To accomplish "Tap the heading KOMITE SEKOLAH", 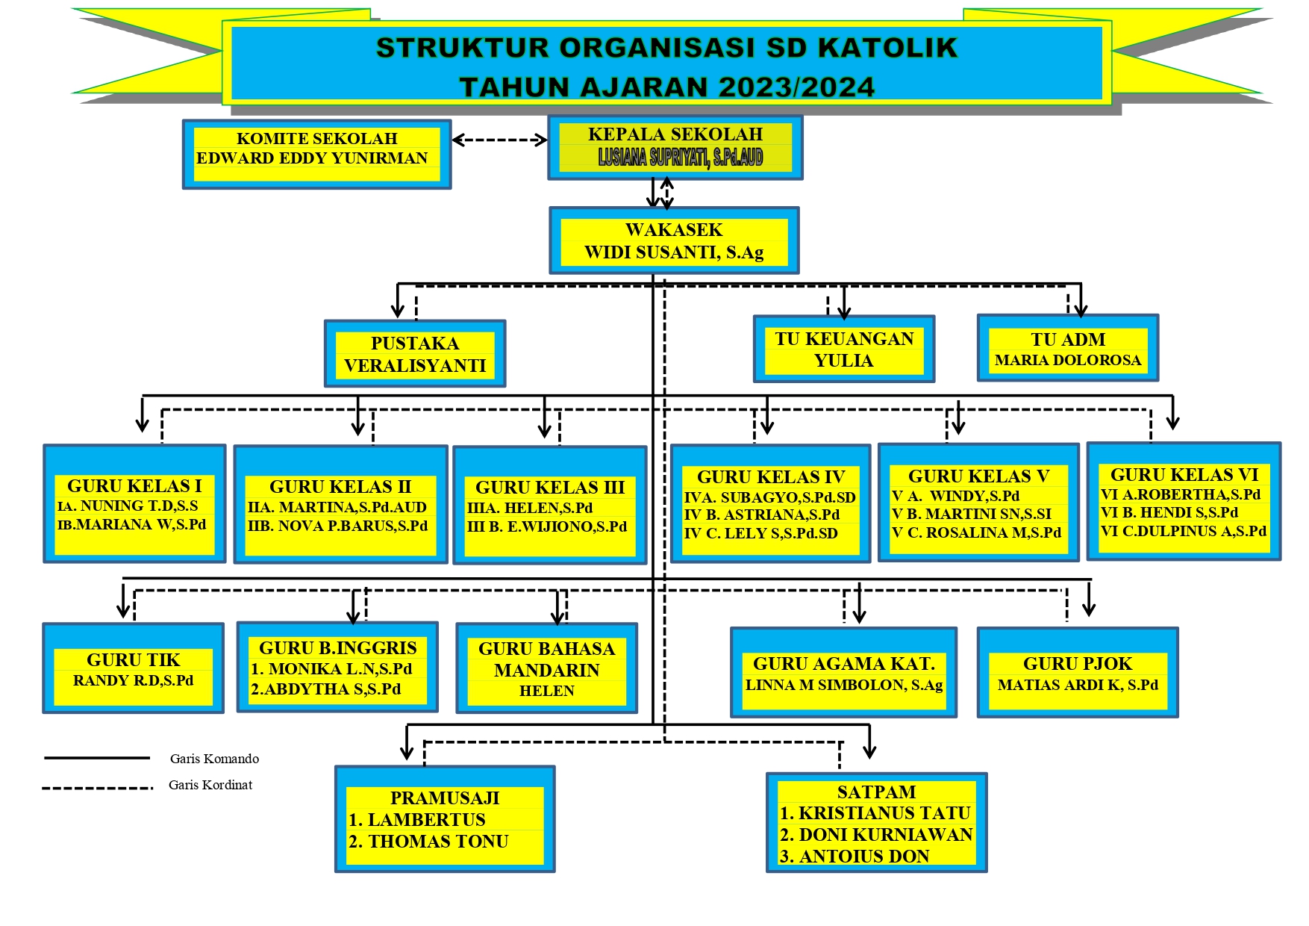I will (x=316, y=138).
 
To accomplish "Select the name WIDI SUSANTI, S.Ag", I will (x=674, y=252).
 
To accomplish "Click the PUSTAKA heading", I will (x=415, y=343).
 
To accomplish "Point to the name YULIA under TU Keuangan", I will (x=843, y=361).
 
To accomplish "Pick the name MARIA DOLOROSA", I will (x=1068, y=360).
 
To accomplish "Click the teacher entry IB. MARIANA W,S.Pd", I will (x=132, y=524).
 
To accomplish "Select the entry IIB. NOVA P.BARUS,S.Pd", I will (x=338, y=526).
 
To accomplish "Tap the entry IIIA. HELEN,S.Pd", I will (x=530, y=508).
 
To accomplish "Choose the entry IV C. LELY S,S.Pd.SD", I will (x=760, y=533).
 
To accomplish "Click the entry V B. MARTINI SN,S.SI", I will (x=972, y=514).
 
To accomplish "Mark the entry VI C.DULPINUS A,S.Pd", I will (x=1183, y=531).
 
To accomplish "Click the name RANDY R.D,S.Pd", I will (x=134, y=680).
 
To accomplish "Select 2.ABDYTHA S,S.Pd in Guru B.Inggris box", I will (x=326, y=689).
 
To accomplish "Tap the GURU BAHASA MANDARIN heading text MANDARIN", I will (x=546, y=670).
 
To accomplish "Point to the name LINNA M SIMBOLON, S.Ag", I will (x=844, y=685).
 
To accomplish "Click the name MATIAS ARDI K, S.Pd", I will (x=1078, y=685).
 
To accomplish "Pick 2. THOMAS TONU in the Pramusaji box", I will (x=428, y=842).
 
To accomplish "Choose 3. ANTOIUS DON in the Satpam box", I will (x=855, y=857).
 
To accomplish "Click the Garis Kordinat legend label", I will (x=210, y=785).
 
